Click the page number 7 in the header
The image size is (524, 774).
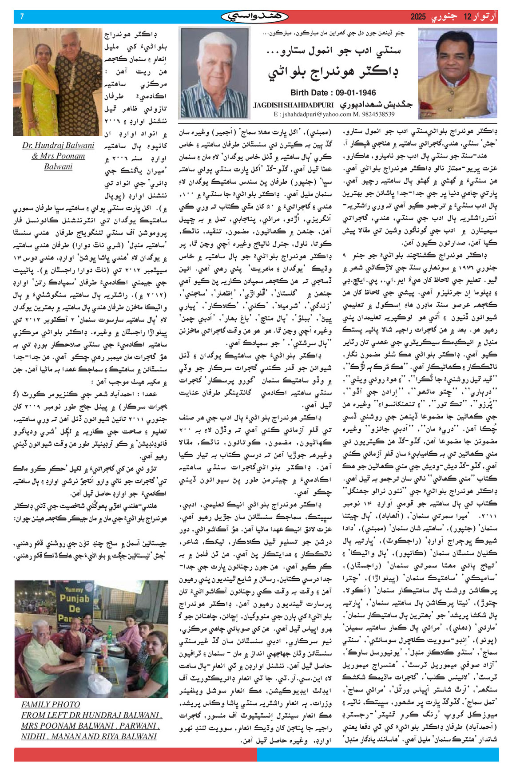click(x=22, y=17)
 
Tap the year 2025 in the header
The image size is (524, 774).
click(x=418, y=17)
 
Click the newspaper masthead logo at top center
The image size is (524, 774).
click(x=254, y=16)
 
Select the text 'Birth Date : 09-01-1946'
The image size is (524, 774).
click(x=333, y=93)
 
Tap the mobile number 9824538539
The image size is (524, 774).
click(x=377, y=114)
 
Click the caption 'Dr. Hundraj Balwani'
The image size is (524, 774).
click(x=58, y=145)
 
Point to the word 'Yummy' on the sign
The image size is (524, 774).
click(x=74, y=589)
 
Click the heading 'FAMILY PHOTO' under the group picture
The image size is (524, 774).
click(x=51, y=704)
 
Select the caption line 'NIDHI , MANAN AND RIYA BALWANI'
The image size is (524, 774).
click(x=89, y=736)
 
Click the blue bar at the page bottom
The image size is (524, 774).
click(x=377, y=754)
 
